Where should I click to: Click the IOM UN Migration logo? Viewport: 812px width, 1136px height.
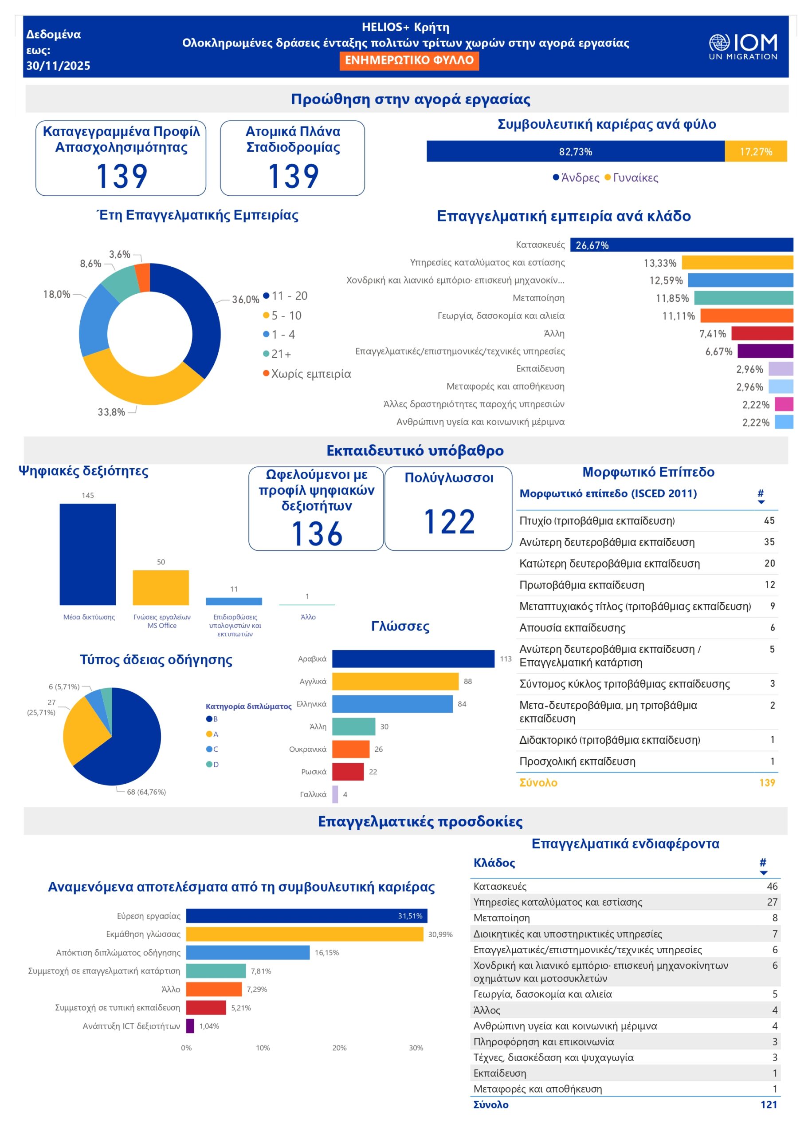742,47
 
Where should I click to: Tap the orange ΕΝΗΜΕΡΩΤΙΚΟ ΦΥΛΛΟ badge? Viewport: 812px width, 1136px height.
408,60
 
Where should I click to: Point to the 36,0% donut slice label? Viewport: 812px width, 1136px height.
245,300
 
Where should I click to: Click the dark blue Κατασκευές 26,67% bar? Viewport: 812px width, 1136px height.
681,245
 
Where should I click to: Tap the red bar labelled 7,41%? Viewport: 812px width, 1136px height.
762,333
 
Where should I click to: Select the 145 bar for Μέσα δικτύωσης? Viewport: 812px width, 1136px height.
87,554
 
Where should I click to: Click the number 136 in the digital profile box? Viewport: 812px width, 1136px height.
317,533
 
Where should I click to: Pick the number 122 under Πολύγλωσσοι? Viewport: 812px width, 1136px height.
448,522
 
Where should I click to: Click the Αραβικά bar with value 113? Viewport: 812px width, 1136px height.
413,659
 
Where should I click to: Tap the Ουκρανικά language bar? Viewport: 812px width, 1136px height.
350,749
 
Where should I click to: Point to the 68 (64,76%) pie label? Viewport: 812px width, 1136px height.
146,792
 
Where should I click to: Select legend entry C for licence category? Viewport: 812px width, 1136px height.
212,749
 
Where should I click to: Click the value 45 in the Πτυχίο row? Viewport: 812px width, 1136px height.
769,521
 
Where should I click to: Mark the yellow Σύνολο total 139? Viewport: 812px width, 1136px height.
766,783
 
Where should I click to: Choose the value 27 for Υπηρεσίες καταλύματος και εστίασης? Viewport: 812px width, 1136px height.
772,902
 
